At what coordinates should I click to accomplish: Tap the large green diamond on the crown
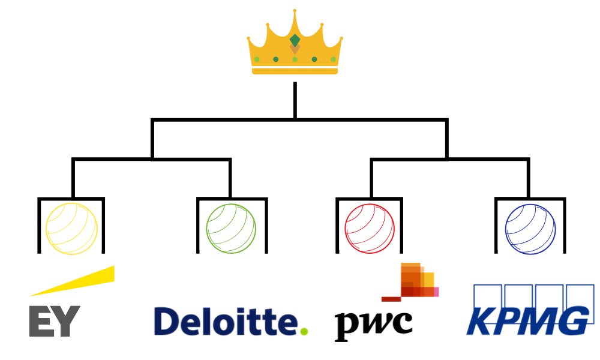[295, 41]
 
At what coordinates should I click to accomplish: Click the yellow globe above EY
[72, 229]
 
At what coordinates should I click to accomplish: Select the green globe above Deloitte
[231, 229]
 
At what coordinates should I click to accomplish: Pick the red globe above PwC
[370, 229]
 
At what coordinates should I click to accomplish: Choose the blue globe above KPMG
[530, 229]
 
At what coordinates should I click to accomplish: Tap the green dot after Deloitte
[304, 331]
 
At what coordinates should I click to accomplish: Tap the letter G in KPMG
[572, 321]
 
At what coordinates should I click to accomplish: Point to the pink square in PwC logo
[436, 292]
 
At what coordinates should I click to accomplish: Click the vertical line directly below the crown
[295, 100]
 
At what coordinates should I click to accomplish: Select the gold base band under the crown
[295, 71]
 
